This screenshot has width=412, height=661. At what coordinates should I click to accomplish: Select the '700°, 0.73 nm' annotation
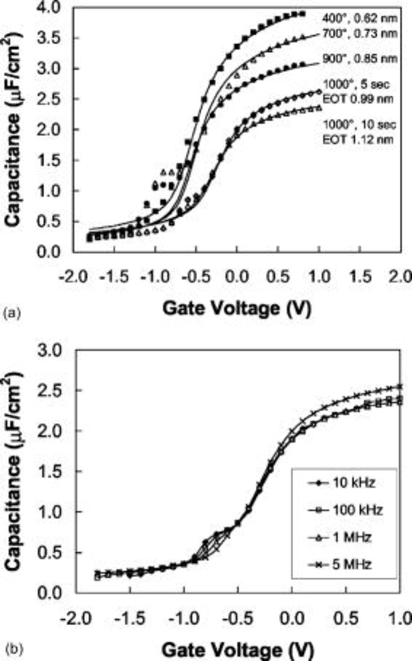tap(360, 33)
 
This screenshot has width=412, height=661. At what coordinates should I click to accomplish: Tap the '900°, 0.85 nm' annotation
tap(360, 59)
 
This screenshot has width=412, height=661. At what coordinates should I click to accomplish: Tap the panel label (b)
tap(11, 650)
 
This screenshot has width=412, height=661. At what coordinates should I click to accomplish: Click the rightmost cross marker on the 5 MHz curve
tap(400, 386)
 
